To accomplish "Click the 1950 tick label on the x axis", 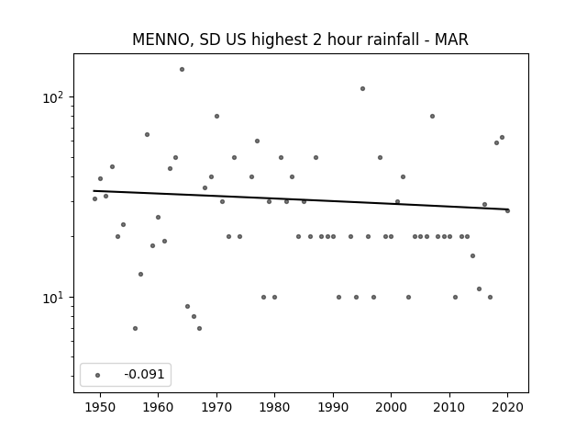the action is (x=100, y=407).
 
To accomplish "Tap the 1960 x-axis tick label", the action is (x=158, y=407).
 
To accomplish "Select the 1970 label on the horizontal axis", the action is (x=216, y=407).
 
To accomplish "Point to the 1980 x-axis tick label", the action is (x=274, y=407).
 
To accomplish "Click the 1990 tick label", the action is (x=333, y=407).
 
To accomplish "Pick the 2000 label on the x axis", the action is (x=391, y=407).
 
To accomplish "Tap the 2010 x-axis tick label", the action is (x=449, y=407).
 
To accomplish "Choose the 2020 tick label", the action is (x=507, y=407).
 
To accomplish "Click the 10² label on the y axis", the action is (x=53, y=97).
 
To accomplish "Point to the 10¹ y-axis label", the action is (x=53, y=298).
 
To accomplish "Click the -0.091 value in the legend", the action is (x=144, y=374).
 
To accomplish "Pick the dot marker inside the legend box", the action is (x=98, y=375).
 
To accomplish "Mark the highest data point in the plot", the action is (x=182, y=70).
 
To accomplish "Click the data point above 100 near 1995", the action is (x=363, y=89).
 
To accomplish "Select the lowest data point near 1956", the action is (x=135, y=329).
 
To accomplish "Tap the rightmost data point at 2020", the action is (x=507, y=210).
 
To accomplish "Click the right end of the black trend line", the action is (x=508, y=209).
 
